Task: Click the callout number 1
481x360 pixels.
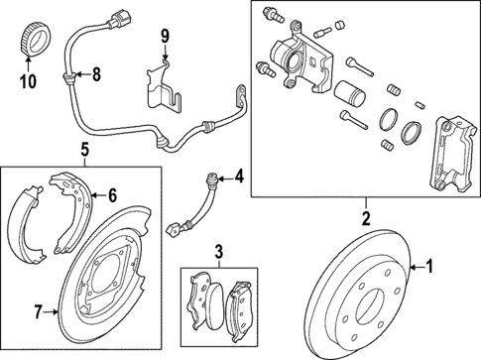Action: [429, 266]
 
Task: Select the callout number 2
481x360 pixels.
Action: [365, 218]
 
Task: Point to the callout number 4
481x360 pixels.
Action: [238, 179]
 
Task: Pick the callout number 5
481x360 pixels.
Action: [85, 151]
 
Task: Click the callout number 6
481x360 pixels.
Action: [112, 194]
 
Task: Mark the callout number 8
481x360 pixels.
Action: [96, 73]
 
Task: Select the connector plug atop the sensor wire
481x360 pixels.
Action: [106, 18]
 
